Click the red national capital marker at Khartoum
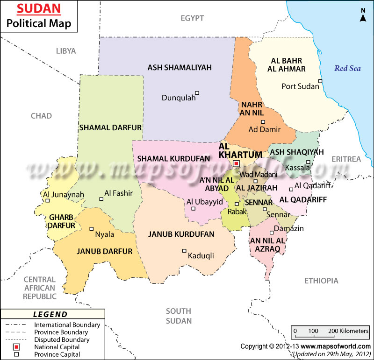pos(236,163)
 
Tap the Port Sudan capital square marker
pos(320,81)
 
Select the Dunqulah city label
pos(179,98)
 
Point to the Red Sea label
pos(348,69)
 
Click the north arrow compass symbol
pos(363,15)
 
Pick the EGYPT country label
pos(192,18)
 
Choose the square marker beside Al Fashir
pos(101,199)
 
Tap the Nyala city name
pos(105,234)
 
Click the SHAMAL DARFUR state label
pos(110,127)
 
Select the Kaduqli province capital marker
pos(184,251)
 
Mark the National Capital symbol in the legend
pos(16,347)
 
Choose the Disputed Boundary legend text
pos(62,339)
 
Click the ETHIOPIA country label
pos(321,281)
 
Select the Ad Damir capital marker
pos(263,122)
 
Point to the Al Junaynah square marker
pos(47,201)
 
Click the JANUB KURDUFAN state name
pos(181,234)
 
